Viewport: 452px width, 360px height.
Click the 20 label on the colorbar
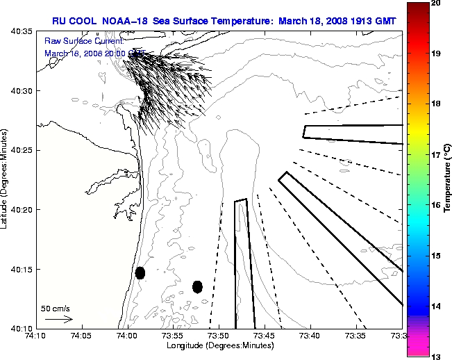click(x=436, y=3)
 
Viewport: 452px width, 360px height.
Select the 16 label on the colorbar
click(x=436, y=205)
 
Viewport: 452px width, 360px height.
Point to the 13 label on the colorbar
click(x=436, y=357)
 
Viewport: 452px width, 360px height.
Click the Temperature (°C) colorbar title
click(x=448, y=179)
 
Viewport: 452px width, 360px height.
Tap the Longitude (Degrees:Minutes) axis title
click(x=219, y=346)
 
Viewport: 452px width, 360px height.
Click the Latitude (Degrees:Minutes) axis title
click(x=6, y=179)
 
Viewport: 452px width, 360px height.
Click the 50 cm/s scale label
click(x=56, y=308)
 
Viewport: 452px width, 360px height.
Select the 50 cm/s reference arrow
click(x=59, y=320)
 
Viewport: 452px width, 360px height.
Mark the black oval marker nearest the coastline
click(x=140, y=272)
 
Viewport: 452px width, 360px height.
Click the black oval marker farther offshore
click(x=197, y=286)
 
